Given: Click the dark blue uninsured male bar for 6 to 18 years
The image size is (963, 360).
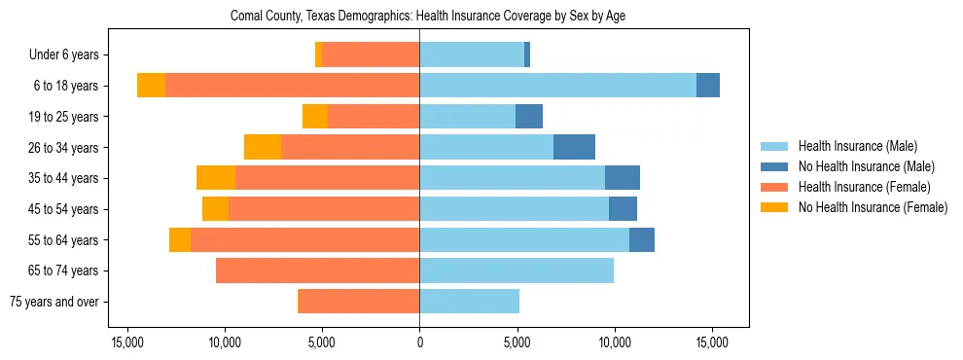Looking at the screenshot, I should [x=708, y=86].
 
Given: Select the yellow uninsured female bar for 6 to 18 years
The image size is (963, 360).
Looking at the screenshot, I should [x=151, y=86].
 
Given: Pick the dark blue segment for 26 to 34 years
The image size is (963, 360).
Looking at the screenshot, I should [x=574, y=147].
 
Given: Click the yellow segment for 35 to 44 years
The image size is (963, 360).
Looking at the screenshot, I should [x=216, y=178].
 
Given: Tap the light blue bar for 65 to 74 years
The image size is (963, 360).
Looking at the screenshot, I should [x=517, y=270].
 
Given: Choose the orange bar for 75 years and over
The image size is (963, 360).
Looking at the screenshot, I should [x=358, y=302].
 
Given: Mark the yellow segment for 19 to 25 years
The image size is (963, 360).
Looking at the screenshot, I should [x=315, y=117].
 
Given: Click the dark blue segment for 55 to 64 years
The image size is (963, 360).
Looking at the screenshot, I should [x=642, y=239].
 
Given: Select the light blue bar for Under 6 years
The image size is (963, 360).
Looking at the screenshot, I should [x=472, y=54].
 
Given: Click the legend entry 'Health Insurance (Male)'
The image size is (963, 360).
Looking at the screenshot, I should [x=857, y=146].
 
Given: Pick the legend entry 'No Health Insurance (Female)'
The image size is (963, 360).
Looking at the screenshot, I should [x=873, y=207].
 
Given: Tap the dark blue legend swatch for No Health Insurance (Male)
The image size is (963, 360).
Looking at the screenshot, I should [x=774, y=166].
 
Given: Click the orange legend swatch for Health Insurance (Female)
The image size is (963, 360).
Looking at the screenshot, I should [x=774, y=187].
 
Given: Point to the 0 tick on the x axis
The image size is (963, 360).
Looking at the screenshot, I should [x=419, y=342].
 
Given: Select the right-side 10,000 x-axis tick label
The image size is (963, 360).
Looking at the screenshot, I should [x=615, y=342].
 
